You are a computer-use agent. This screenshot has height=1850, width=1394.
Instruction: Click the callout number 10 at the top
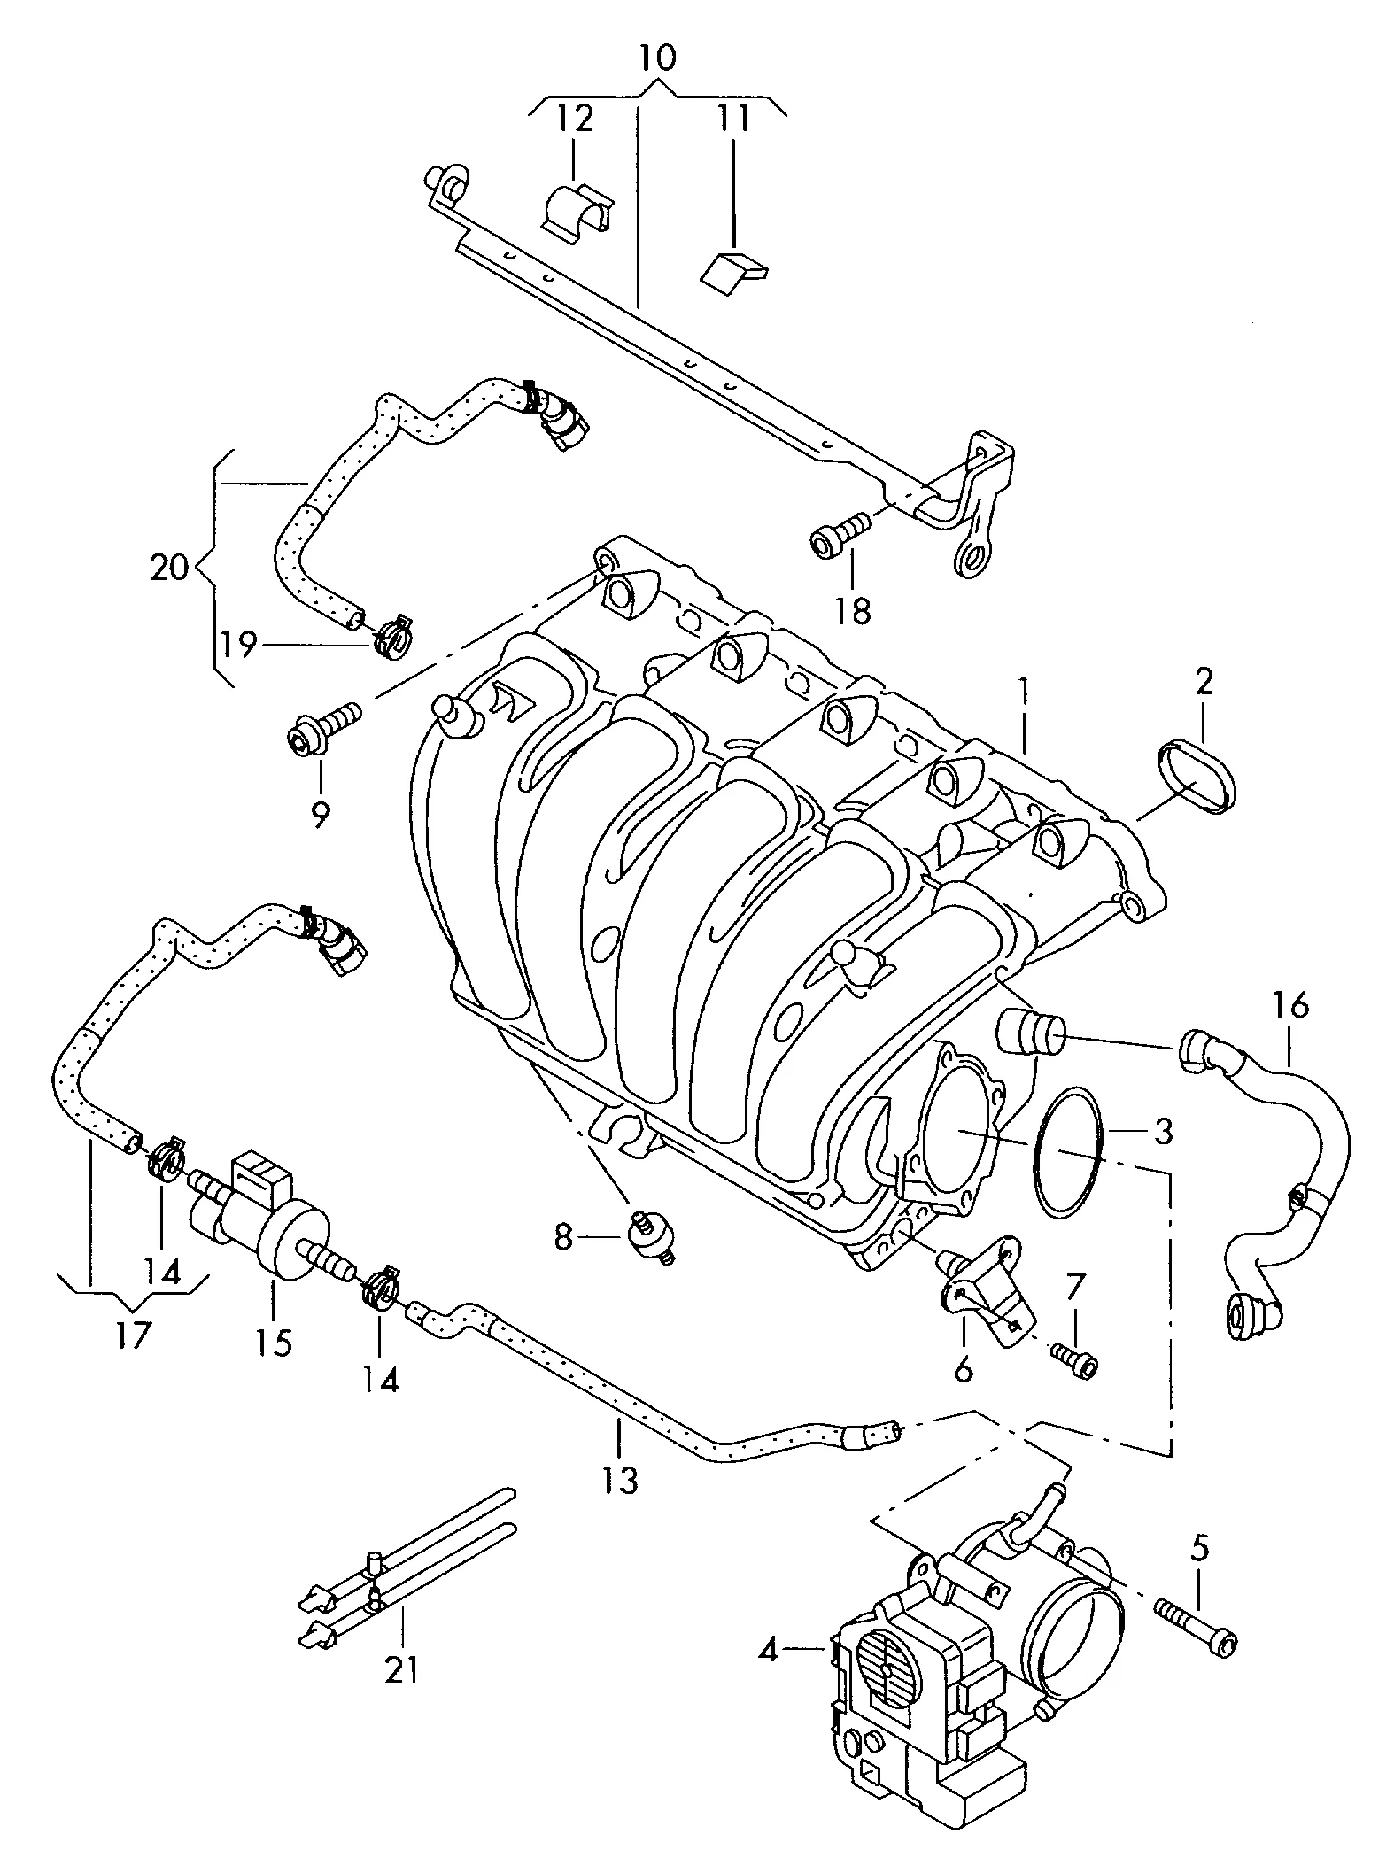point(656,58)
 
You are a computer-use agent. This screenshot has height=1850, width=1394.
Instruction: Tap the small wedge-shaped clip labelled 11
point(734,269)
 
